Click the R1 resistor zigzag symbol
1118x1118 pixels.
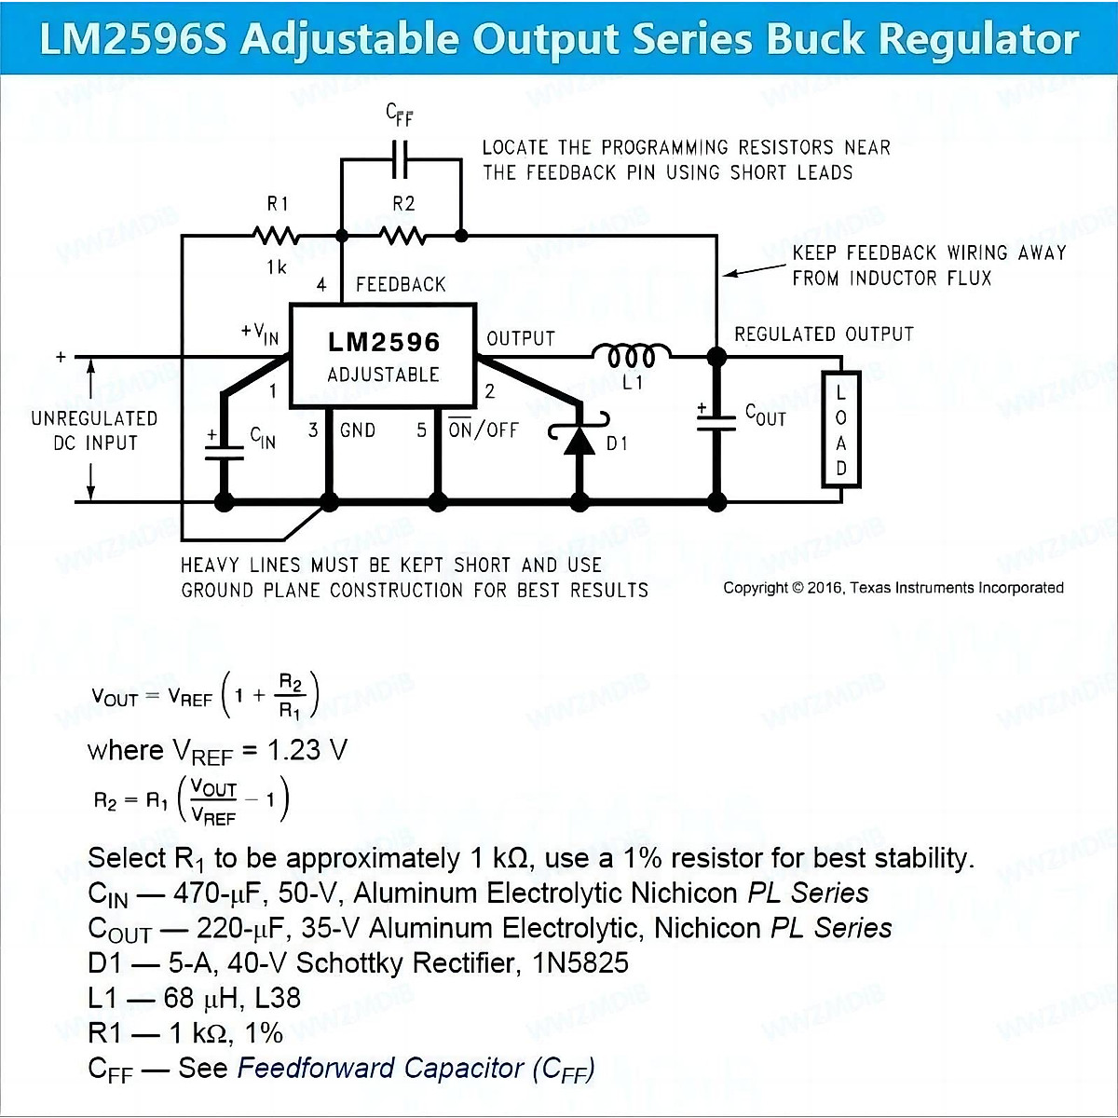click(x=276, y=236)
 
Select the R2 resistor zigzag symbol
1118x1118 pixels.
click(x=402, y=236)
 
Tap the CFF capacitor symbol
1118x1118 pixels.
click(x=401, y=158)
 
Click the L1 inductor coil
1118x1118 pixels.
click(x=632, y=354)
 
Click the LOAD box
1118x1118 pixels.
click(x=840, y=429)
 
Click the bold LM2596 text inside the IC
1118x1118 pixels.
click(x=384, y=342)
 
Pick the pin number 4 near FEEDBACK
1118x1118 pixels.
click(x=321, y=284)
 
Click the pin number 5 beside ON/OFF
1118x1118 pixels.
click(x=422, y=429)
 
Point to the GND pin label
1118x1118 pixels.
click(x=358, y=430)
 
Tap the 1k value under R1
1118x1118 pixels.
click(x=277, y=267)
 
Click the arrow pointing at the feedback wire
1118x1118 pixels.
click(x=755, y=270)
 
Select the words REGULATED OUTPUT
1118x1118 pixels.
click(x=824, y=334)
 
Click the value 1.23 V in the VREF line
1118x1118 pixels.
click(x=307, y=750)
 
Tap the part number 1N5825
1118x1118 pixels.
click(x=580, y=962)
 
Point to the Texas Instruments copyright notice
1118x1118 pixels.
click(x=893, y=588)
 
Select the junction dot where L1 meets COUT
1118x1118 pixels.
click(x=717, y=357)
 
